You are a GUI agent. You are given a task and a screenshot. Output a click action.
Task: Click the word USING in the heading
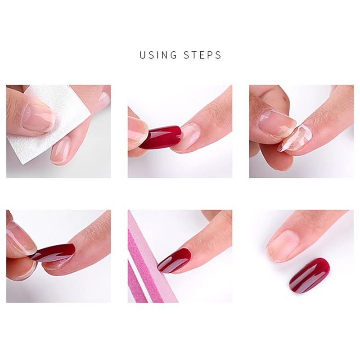point(158,55)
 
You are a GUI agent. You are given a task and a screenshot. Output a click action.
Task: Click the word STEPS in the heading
point(203,55)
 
